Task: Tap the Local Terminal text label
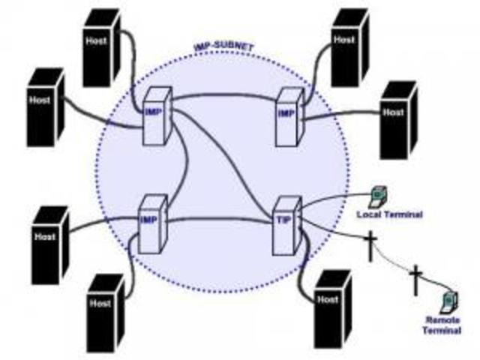pyautogui.click(x=389, y=215)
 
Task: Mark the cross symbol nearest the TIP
pyautogui.click(x=370, y=246)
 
